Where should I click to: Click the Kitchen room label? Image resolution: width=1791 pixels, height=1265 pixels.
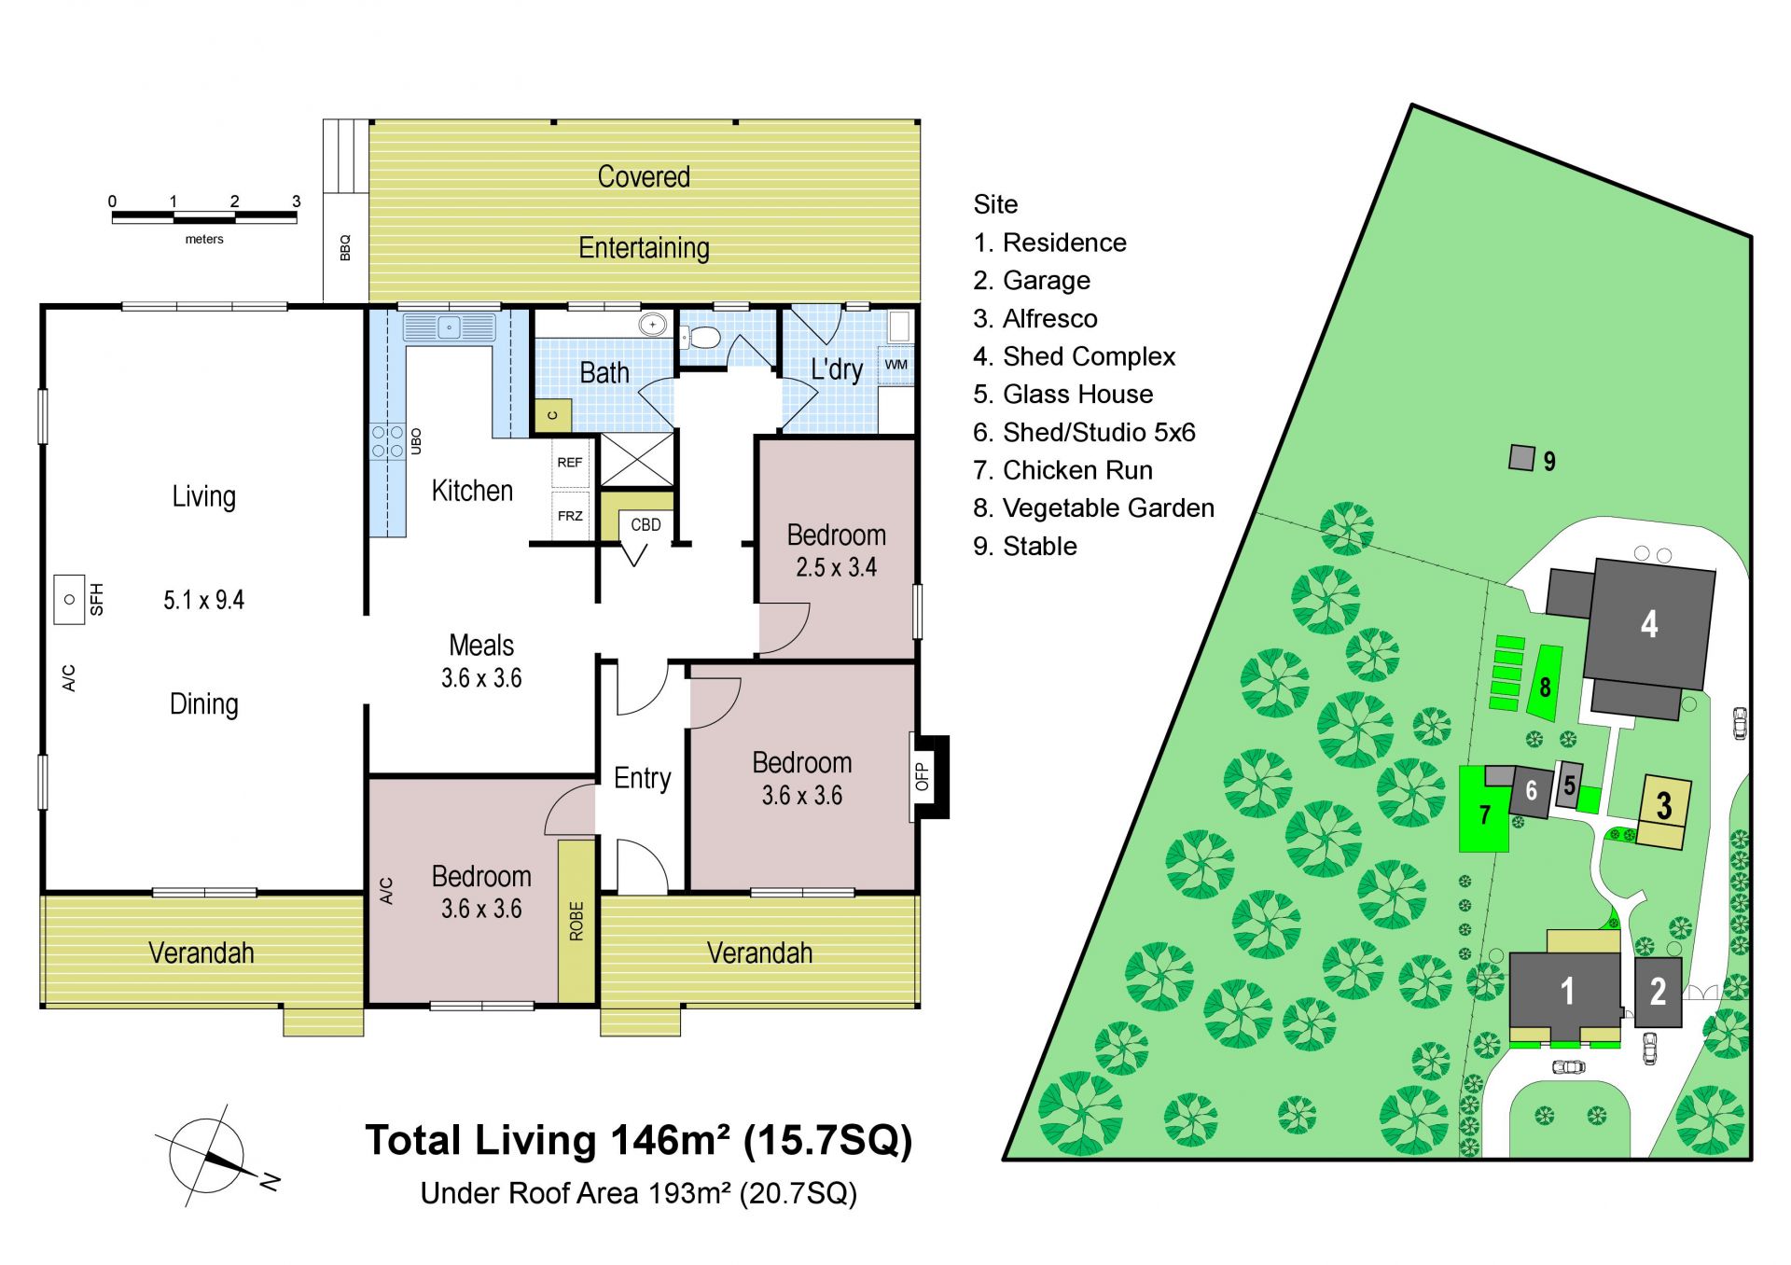click(x=472, y=491)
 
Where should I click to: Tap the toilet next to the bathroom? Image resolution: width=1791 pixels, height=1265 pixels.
click(x=701, y=337)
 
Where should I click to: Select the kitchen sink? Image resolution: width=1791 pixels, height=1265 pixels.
click(x=450, y=327)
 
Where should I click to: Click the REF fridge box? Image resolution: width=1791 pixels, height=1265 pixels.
click(x=570, y=462)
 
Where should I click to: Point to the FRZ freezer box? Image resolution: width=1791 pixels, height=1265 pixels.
click(x=570, y=516)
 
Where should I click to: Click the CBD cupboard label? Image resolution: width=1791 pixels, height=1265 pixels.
click(x=646, y=525)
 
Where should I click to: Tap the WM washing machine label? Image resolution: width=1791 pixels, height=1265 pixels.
click(x=895, y=365)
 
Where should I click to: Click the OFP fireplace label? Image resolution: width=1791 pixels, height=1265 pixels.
click(x=922, y=777)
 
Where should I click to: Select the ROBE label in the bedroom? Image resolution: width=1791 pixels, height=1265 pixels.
click(x=576, y=921)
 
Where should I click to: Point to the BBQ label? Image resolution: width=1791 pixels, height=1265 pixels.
click(x=345, y=247)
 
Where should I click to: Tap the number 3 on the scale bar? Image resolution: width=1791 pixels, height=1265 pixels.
click(x=297, y=202)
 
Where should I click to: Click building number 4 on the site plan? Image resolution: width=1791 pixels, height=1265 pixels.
click(x=1649, y=624)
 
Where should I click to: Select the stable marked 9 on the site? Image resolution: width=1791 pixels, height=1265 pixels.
click(x=1522, y=458)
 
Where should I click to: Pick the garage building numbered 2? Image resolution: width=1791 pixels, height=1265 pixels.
click(x=1658, y=992)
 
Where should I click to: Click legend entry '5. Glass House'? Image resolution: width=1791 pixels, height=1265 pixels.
click(x=1062, y=395)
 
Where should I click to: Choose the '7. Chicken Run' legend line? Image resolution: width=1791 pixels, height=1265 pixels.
click(x=1062, y=470)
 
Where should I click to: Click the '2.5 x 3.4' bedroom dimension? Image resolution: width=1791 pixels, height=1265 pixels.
click(x=836, y=567)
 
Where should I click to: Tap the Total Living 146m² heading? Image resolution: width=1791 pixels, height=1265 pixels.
click(x=639, y=1140)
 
